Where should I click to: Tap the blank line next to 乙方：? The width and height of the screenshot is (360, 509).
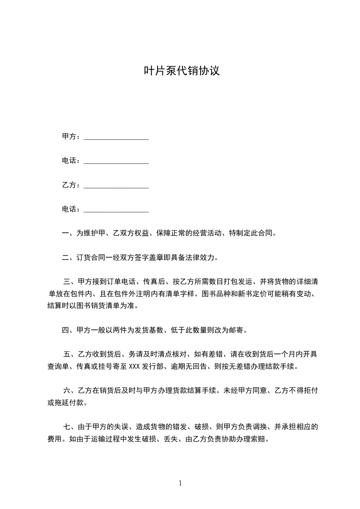[x=116, y=186]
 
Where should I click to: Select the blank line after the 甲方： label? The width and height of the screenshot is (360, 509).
[x=116, y=137]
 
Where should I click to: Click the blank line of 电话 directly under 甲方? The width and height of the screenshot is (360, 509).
[x=116, y=162]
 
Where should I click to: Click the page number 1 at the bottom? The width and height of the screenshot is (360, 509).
[x=180, y=483]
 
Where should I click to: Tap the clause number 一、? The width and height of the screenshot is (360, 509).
[x=69, y=234]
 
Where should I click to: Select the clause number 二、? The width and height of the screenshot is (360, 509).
[x=69, y=258]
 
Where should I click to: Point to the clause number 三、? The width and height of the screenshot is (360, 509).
[x=70, y=282]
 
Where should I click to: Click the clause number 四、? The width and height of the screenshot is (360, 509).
[x=69, y=330]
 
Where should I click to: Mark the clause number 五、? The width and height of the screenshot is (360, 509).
[x=70, y=354]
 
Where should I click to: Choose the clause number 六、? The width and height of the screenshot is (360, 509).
[x=70, y=390]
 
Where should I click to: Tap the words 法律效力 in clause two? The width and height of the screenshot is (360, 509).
[x=201, y=258]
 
